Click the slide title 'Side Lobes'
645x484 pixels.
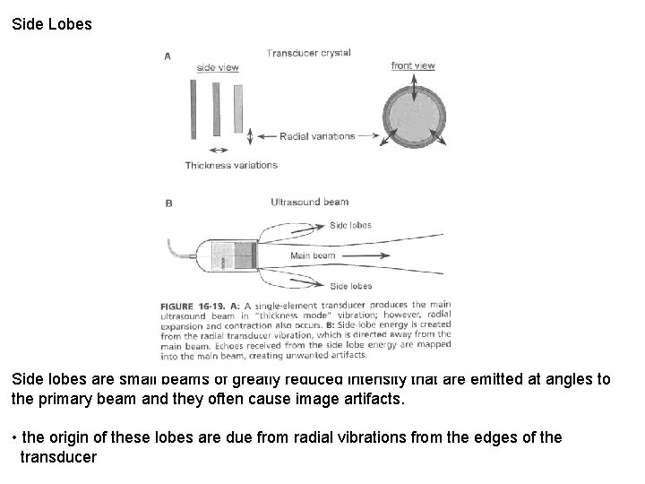click(52, 24)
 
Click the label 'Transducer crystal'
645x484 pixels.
click(308, 53)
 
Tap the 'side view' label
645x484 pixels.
click(217, 68)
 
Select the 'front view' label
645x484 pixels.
click(413, 65)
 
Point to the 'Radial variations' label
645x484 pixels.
click(317, 136)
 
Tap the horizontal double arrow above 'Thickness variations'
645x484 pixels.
click(216, 149)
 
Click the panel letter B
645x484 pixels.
click(168, 203)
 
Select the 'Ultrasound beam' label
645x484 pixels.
click(310, 202)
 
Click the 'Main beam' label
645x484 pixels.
click(313, 256)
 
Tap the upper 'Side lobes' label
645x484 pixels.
click(351, 225)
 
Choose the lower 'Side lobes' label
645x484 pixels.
click(351, 286)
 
